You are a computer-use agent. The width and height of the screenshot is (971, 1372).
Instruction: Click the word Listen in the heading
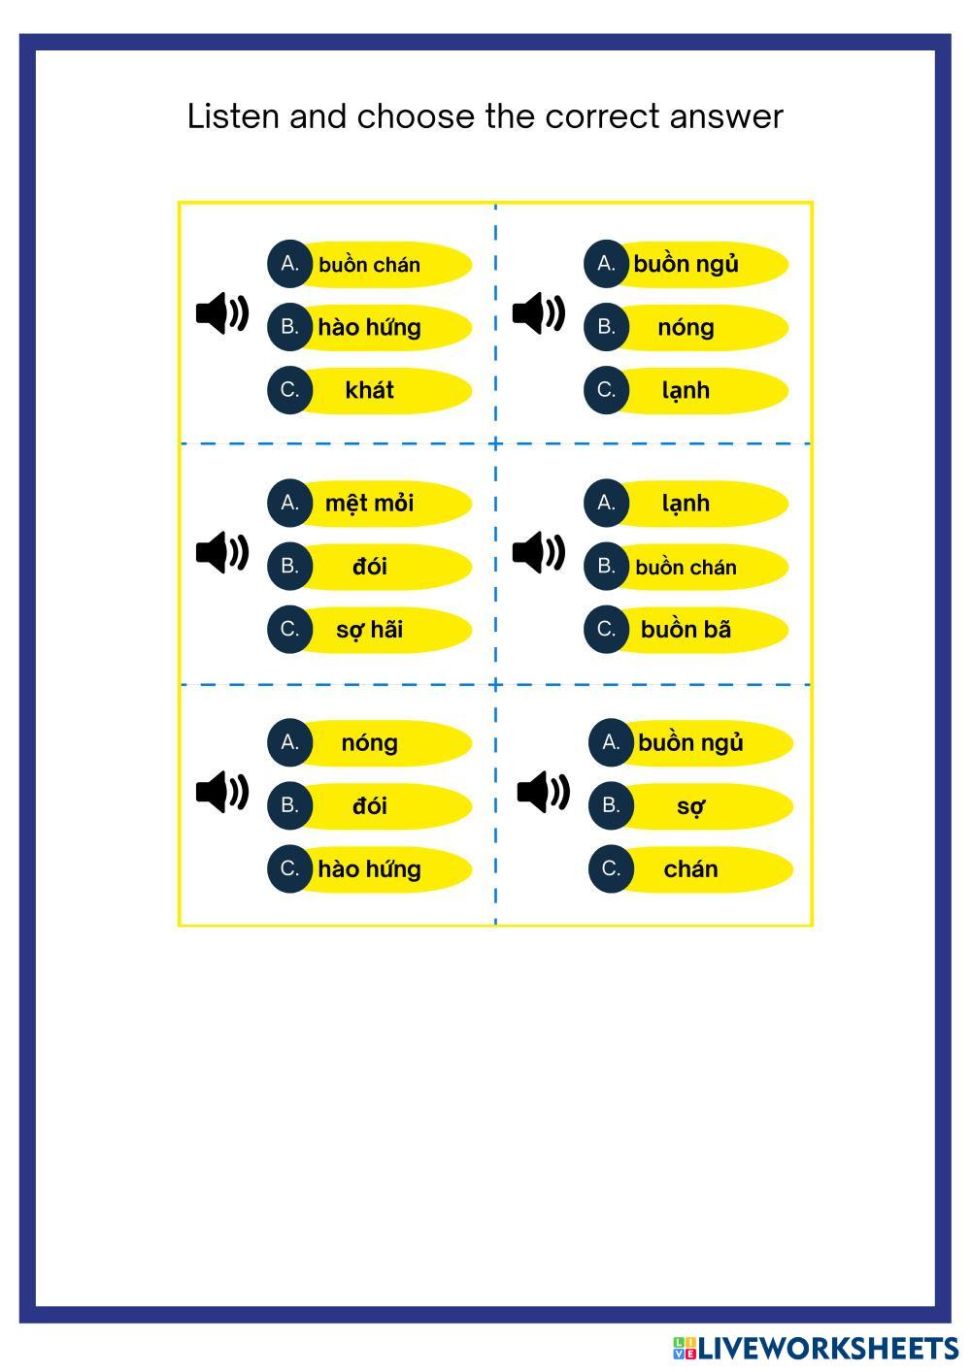pyautogui.click(x=232, y=116)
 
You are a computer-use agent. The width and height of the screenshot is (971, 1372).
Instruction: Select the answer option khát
pyautogui.click(x=369, y=390)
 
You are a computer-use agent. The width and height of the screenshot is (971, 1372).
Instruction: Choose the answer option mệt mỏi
pyautogui.click(x=369, y=503)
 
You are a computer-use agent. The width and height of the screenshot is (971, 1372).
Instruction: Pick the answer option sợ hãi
pyautogui.click(x=369, y=630)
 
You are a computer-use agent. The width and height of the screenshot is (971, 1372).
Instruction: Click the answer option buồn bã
pyautogui.click(x=686, y=630)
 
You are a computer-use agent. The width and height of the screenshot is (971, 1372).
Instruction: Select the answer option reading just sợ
pyautogui.click(x=690, y=805)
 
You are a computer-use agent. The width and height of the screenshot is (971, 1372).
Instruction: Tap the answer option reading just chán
pyautogui.click(x=690, y=869)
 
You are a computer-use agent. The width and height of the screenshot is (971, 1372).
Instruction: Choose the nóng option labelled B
pyautogui.click(x=686, y=327)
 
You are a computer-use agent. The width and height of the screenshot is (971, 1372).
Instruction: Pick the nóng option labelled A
pyautogui.click(x=369, y=743)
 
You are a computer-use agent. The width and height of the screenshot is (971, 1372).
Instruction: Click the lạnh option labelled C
pyautogui.click(x=686, y=390)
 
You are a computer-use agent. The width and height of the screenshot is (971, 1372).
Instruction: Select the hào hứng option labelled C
pyautogui.click(x=369, y=869)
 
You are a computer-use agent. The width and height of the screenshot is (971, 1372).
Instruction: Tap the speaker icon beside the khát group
pyautogui.click(x=222, y=312)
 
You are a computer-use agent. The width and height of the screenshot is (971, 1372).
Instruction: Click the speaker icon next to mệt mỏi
pyautogui.click(x=222, y=552)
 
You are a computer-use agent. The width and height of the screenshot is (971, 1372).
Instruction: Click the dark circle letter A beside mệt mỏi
pyautogui.click(x=289, y=503)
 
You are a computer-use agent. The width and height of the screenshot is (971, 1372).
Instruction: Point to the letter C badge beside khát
pyautogui.click(x=289, y=390)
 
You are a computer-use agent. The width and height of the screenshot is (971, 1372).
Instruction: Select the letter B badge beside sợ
pyautogui.click(x=611, y=805)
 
